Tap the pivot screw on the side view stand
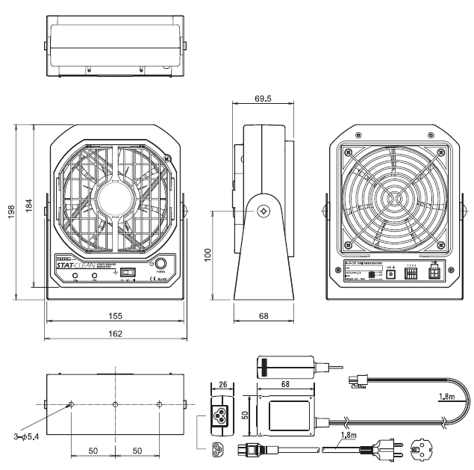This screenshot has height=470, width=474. point(263,211)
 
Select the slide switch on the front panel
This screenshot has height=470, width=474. point(128,273)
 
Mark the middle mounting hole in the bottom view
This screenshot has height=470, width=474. point(115,405)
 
